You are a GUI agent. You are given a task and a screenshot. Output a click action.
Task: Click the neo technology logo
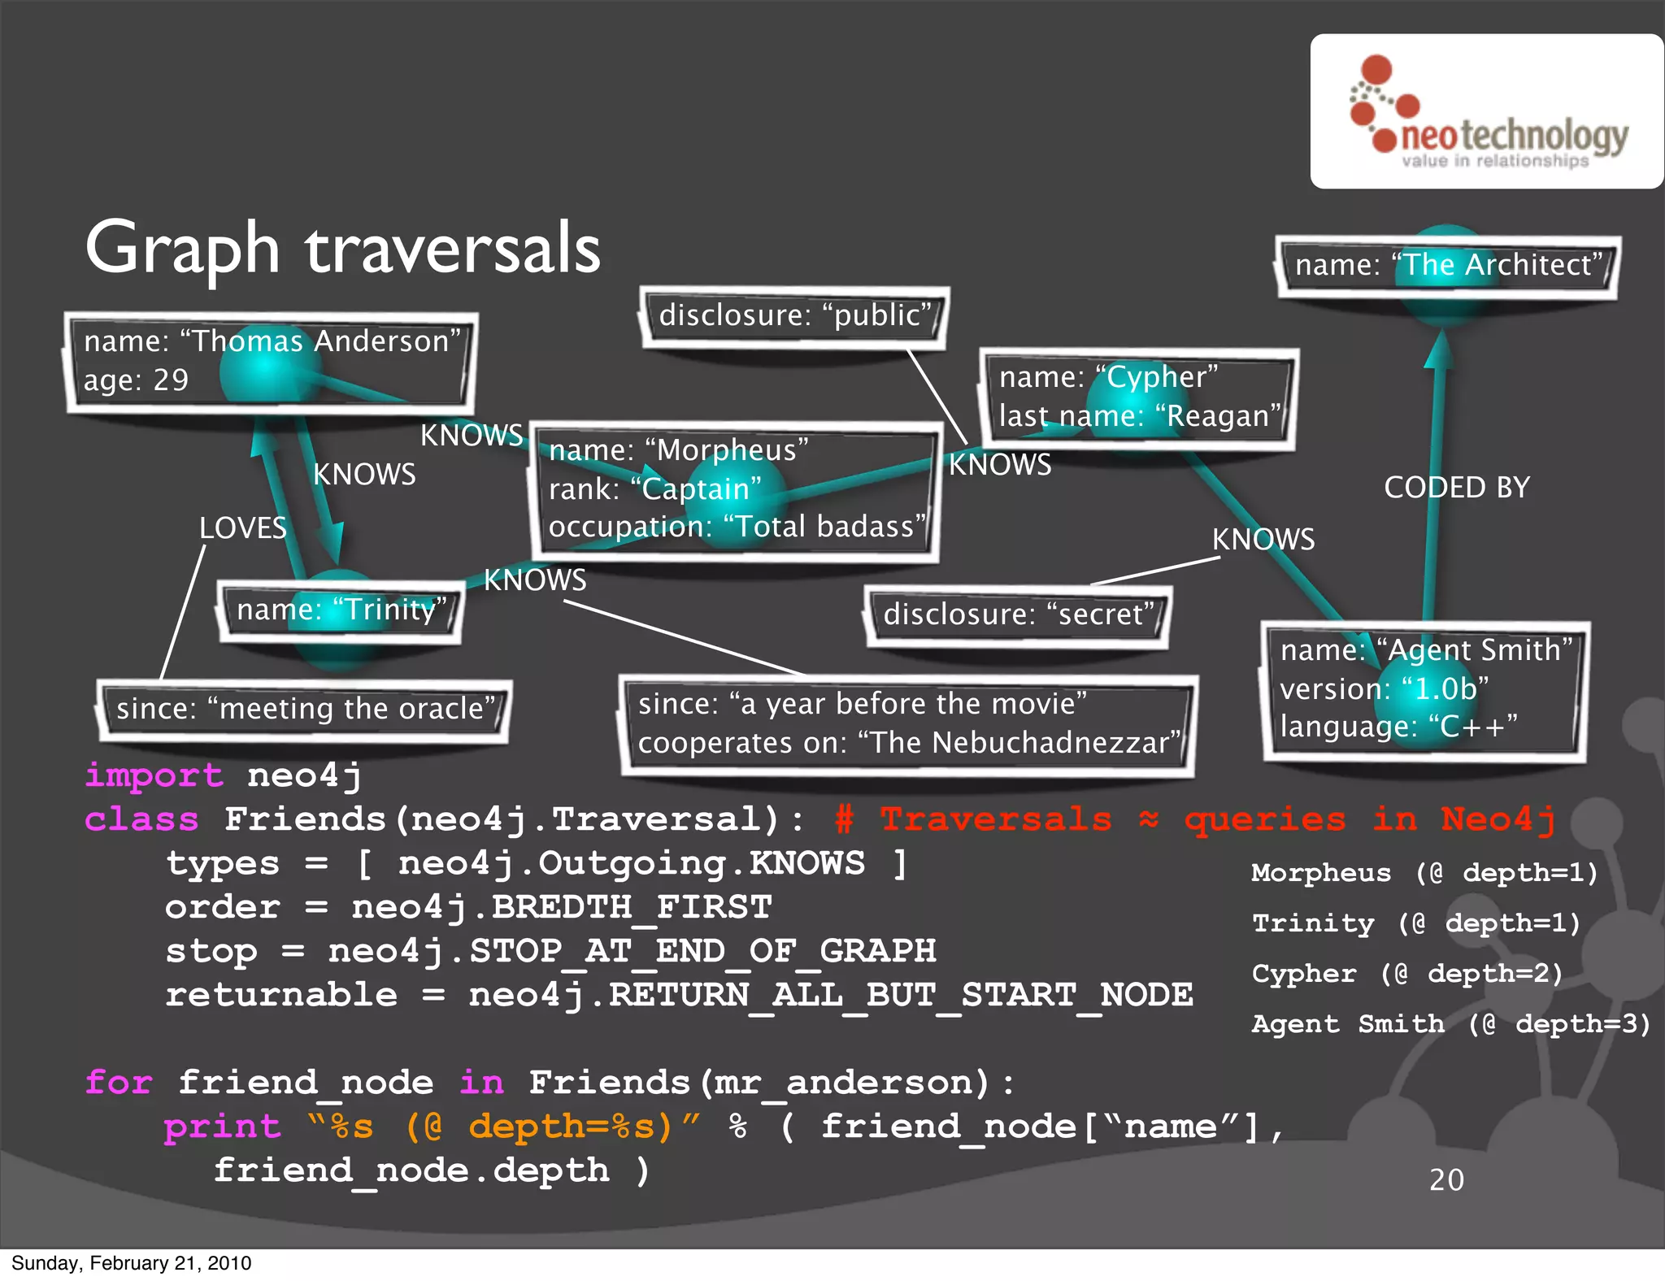pos(1488,112)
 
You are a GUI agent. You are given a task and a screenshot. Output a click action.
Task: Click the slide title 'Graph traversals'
pos(342,248)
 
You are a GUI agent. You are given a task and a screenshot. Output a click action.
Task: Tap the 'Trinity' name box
pos(341,610)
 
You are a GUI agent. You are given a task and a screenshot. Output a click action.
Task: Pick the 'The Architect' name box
pos(1447,265)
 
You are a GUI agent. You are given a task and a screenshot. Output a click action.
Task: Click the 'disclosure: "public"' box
pos(794,315)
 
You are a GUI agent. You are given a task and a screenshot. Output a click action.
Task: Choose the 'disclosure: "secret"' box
pos(1018,614)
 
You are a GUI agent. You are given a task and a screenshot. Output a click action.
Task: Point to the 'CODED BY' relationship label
pos(1456,488)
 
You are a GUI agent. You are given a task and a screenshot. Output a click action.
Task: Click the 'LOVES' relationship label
pos(242,528)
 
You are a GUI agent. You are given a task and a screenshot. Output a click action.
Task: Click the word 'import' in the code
pos(154,775)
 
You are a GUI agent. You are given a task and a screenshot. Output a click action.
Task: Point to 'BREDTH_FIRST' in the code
pos(632,907)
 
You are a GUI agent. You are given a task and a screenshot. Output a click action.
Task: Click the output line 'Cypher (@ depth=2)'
pos(1407,974)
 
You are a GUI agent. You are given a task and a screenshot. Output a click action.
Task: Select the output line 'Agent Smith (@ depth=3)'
pos(1451,1024)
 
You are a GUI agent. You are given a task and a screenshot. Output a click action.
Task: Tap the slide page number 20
pos(1446,1179)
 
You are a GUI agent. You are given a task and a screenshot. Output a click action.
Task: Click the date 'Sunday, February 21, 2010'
pos(132,1263)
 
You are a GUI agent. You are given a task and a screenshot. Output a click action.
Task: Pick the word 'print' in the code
pos(222,1127)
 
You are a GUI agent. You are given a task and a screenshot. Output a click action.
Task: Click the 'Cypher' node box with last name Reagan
pos(1138,397)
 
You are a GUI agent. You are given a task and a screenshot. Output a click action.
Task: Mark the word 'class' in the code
pos(141,819)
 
